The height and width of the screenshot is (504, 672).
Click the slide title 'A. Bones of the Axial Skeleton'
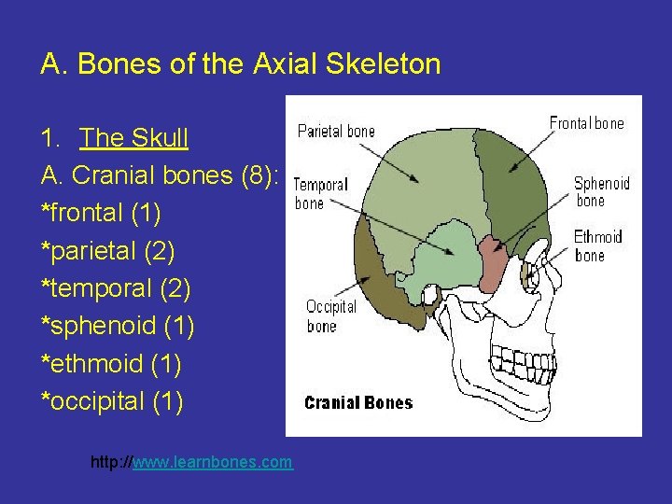pos(241,64)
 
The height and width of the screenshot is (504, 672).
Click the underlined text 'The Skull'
pos(134,139)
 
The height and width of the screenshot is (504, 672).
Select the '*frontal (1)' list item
pos(101,214)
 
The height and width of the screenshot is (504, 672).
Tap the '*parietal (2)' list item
pos(107,251)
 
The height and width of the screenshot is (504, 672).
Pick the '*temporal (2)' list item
pos(116,288)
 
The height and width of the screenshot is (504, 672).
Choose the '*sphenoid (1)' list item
pos(117,327)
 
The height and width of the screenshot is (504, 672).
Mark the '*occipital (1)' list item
pos(112,401)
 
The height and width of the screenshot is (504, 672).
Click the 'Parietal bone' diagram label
pos(335,132)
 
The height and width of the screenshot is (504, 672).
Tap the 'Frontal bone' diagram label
pos(586,123)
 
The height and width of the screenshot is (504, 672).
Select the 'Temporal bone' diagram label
pos(320,194)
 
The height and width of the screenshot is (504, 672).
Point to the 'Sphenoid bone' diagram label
pos(601,191)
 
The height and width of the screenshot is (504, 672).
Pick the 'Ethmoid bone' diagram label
pos(597,246)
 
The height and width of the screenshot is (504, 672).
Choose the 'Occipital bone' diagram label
pos(330,316)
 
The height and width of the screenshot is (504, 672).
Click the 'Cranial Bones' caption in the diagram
pos(358,403)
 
